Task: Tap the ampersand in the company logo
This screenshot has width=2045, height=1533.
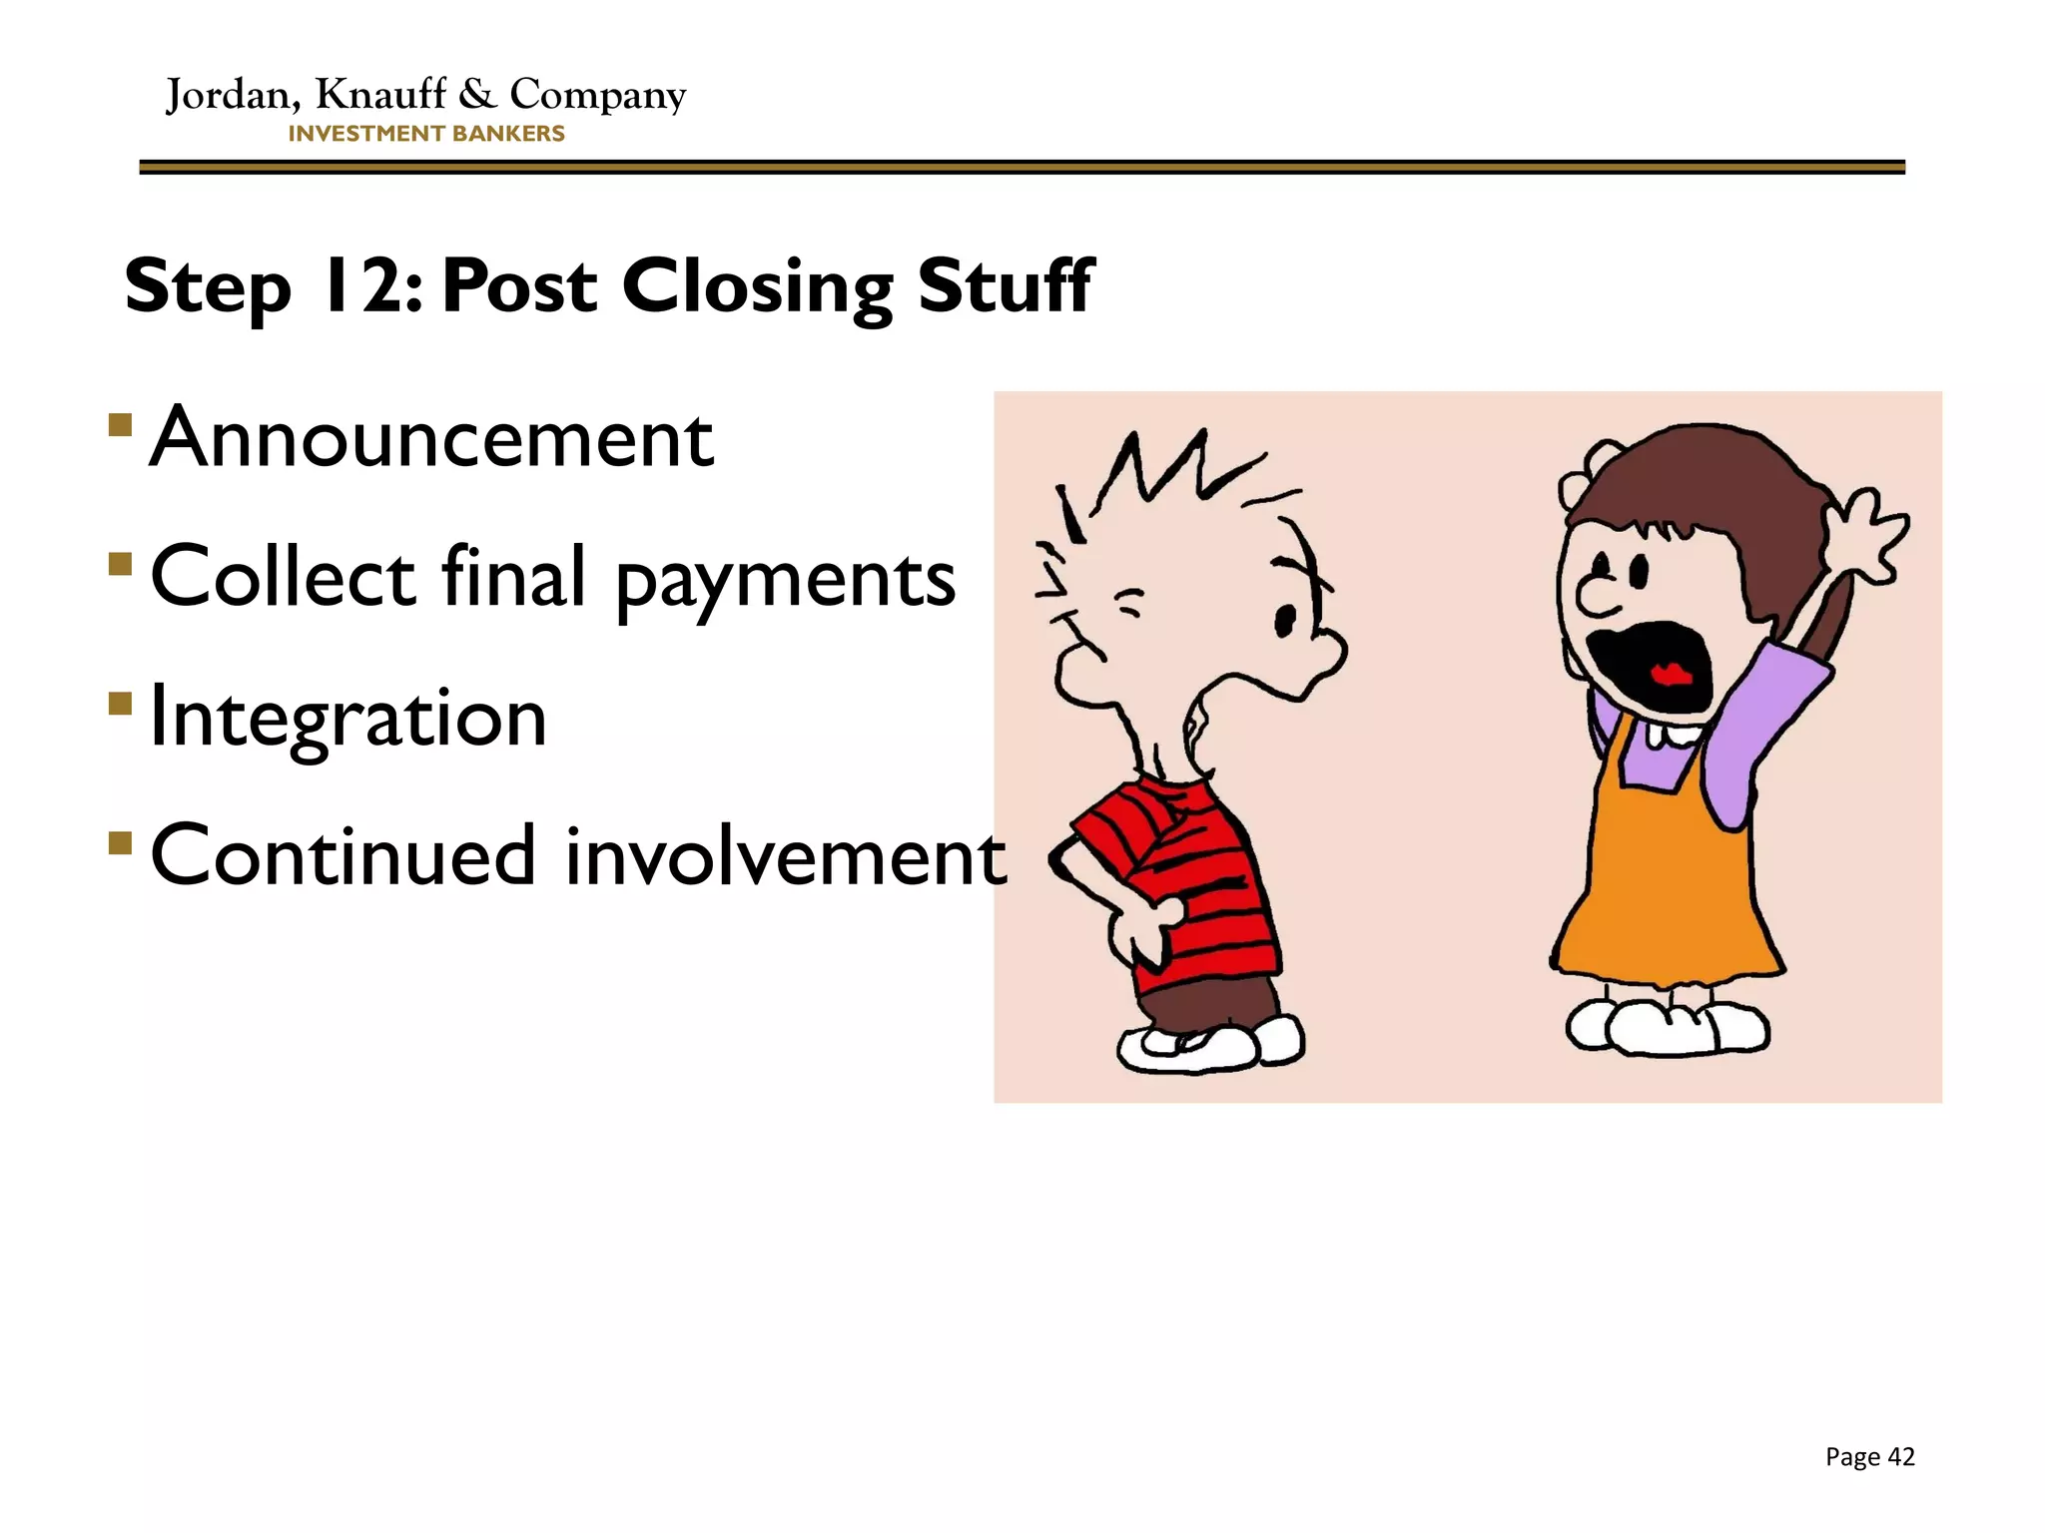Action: pos(477,94)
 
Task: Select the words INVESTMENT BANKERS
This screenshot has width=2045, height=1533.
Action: pos(426,134)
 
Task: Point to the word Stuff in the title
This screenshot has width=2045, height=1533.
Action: pos(1005,286)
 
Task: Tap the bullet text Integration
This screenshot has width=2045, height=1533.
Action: pos(348,718)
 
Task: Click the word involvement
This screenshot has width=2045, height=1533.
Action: pos(786,856)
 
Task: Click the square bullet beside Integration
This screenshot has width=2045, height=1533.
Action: pos(121,705)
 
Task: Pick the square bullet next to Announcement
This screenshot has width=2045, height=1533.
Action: pos(121,426)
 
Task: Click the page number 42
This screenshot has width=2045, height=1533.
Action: pos(1901,1457)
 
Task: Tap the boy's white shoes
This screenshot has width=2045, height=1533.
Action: pos(1208,1044)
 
